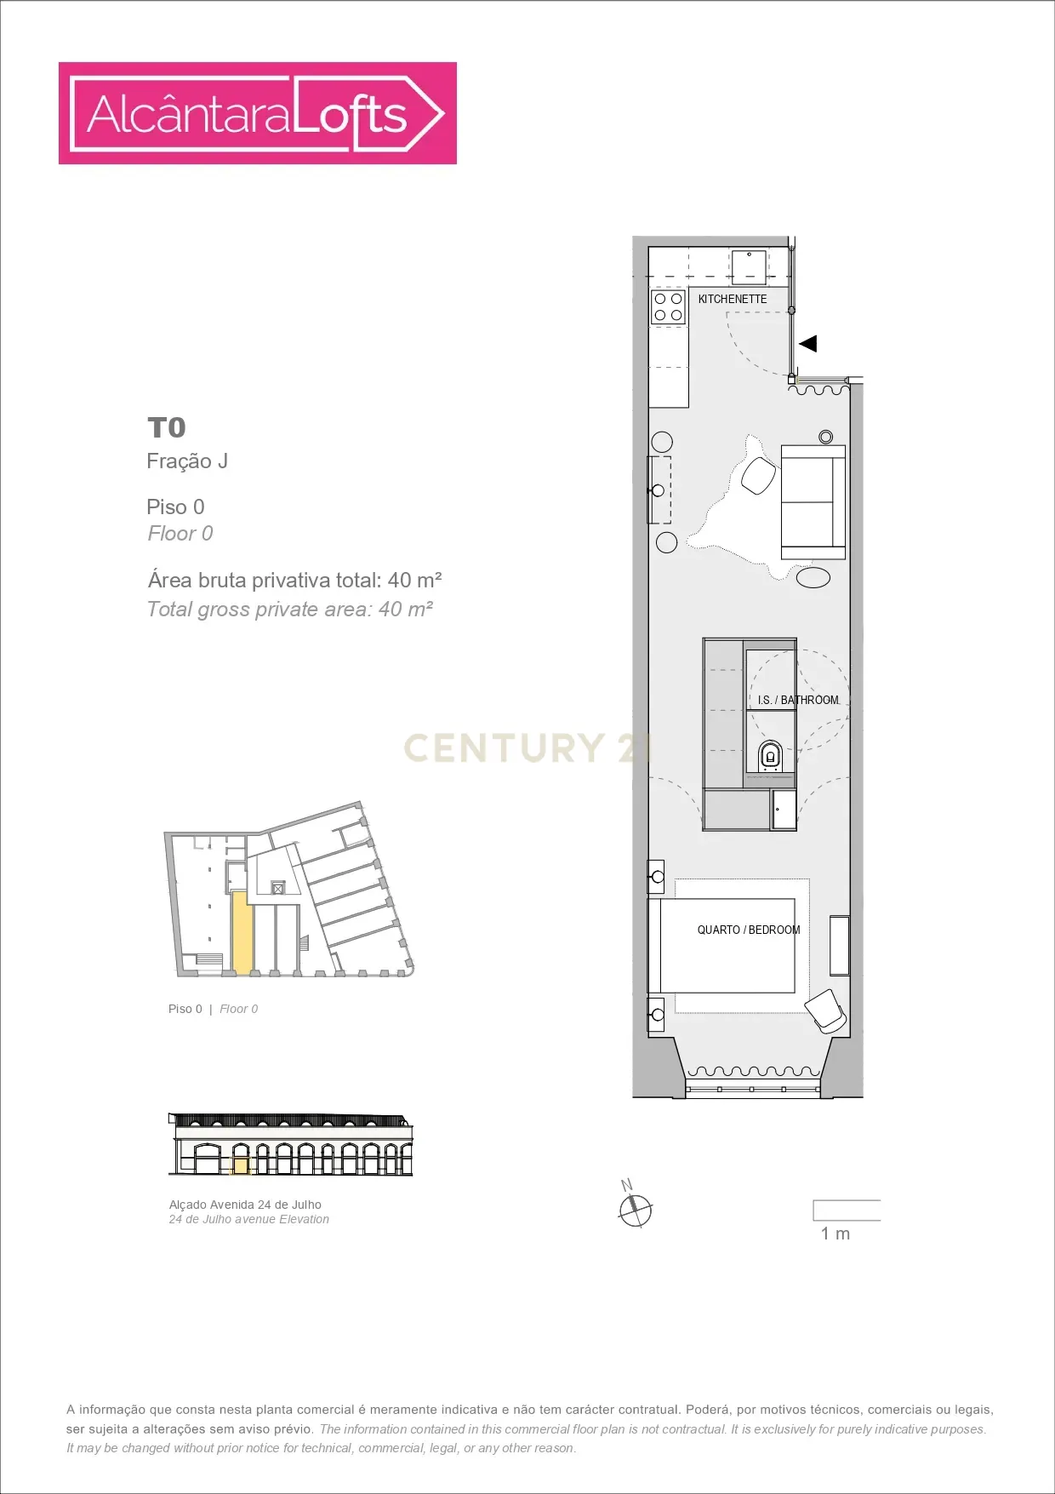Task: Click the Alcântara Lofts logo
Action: [257, 113]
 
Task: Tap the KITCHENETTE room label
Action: [732, 299]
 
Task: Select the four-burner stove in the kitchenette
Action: [668, 307]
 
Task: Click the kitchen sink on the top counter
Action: [749, 266]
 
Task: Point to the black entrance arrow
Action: [808, 344]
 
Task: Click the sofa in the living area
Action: [813, 501]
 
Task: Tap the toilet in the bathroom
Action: [770, 756]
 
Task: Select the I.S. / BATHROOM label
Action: [798, 700]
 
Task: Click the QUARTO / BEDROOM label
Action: [749, 930]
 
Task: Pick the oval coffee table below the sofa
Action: [813, 577]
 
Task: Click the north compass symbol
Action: [635, 1208]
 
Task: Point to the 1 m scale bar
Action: [846, 1210]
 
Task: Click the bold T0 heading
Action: [167, 427]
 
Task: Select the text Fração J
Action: [187, 461]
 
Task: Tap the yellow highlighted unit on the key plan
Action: [242, 932]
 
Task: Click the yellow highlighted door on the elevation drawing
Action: [241, 1165]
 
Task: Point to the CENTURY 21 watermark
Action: [527, 747]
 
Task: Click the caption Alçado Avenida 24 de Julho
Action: [245, 1205]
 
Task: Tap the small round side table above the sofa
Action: [825, 437]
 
